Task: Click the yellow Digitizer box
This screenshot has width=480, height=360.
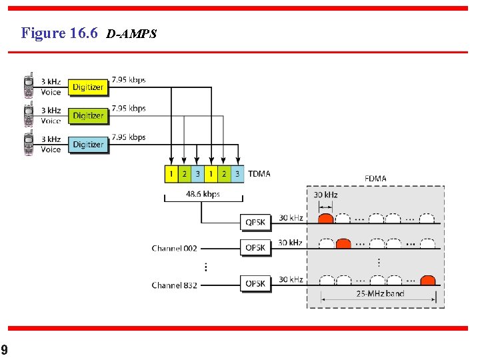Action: pyautogui.click(x=88, y=87)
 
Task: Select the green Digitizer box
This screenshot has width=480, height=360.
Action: pyautogui.click(x=88, y=116)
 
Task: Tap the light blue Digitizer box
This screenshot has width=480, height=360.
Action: pyautogui.click(x=88, y=145)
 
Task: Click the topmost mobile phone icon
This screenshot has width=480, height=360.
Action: pyautogui.click(x=29, y=86)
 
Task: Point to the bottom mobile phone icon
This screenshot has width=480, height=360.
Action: pyautogui.click(x=29, y=144)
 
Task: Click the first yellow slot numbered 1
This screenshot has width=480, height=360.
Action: pyautogui.click(x=171, y=174)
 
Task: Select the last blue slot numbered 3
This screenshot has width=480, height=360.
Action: pyautogui.click(x=237, y=174)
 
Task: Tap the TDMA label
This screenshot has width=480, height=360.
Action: pyautogui.click(x=259, y=174)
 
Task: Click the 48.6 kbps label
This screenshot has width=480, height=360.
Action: pyautogui.click(x=203, y=195)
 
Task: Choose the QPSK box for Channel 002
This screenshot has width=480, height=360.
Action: pyautogui.click(x=255, y=248)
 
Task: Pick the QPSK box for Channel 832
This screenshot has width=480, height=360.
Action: pyautogui.click(x=255, y=284)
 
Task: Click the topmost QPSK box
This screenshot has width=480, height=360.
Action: pyautogui.click(x=255, y=223)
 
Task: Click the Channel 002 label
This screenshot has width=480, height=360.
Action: pyautogui.click(x=175, y=249)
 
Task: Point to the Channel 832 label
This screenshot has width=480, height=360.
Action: pyautogui.click(x=175, y=285)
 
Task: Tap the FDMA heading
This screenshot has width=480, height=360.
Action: pyautogui.click(x=375, y=178)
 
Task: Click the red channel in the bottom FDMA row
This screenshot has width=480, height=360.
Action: pyautogui.click(x=428, y=279)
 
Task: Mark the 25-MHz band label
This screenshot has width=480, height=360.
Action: pyautogui.click(x=379, y=293)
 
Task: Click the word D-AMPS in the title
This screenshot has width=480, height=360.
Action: pyautogui.click(x=131, y=34)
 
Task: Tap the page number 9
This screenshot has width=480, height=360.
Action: pyautogui.click(x=4, y=350)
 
